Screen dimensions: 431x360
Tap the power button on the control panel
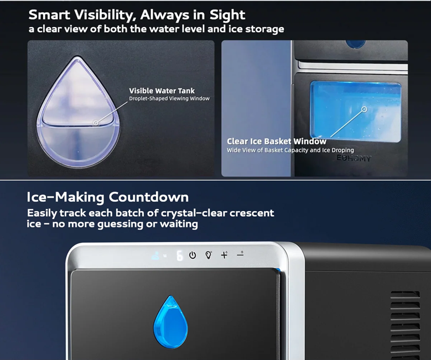coord(193,255)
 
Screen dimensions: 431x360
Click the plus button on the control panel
coord(224,255)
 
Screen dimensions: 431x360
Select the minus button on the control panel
coord(240,254)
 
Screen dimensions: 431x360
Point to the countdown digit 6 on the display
coord(179,256)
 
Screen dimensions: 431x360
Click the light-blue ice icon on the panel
coord(155,255)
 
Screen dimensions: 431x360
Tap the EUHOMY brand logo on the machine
coord(354,158)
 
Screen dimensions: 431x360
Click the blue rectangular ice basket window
coord(356,111)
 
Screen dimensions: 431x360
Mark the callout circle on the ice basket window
coord(364,109)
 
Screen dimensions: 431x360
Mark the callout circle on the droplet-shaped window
coord(96,123)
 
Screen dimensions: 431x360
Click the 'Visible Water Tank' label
coord(162,91)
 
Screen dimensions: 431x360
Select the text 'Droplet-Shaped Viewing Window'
coord(169,98)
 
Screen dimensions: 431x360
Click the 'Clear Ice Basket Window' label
coord(277,141)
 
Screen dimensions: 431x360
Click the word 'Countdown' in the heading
coord(148,197)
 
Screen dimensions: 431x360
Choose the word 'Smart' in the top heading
coord(49,14)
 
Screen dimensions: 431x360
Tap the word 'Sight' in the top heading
coord(227,15)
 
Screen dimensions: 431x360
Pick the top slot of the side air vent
coord(405,294)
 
